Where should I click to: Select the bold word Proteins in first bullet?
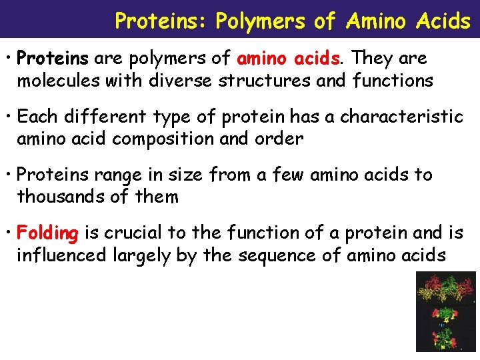53,59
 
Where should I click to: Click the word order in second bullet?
280,139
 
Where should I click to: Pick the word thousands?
55,197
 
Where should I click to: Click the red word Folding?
48,233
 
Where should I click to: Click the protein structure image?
445,311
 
